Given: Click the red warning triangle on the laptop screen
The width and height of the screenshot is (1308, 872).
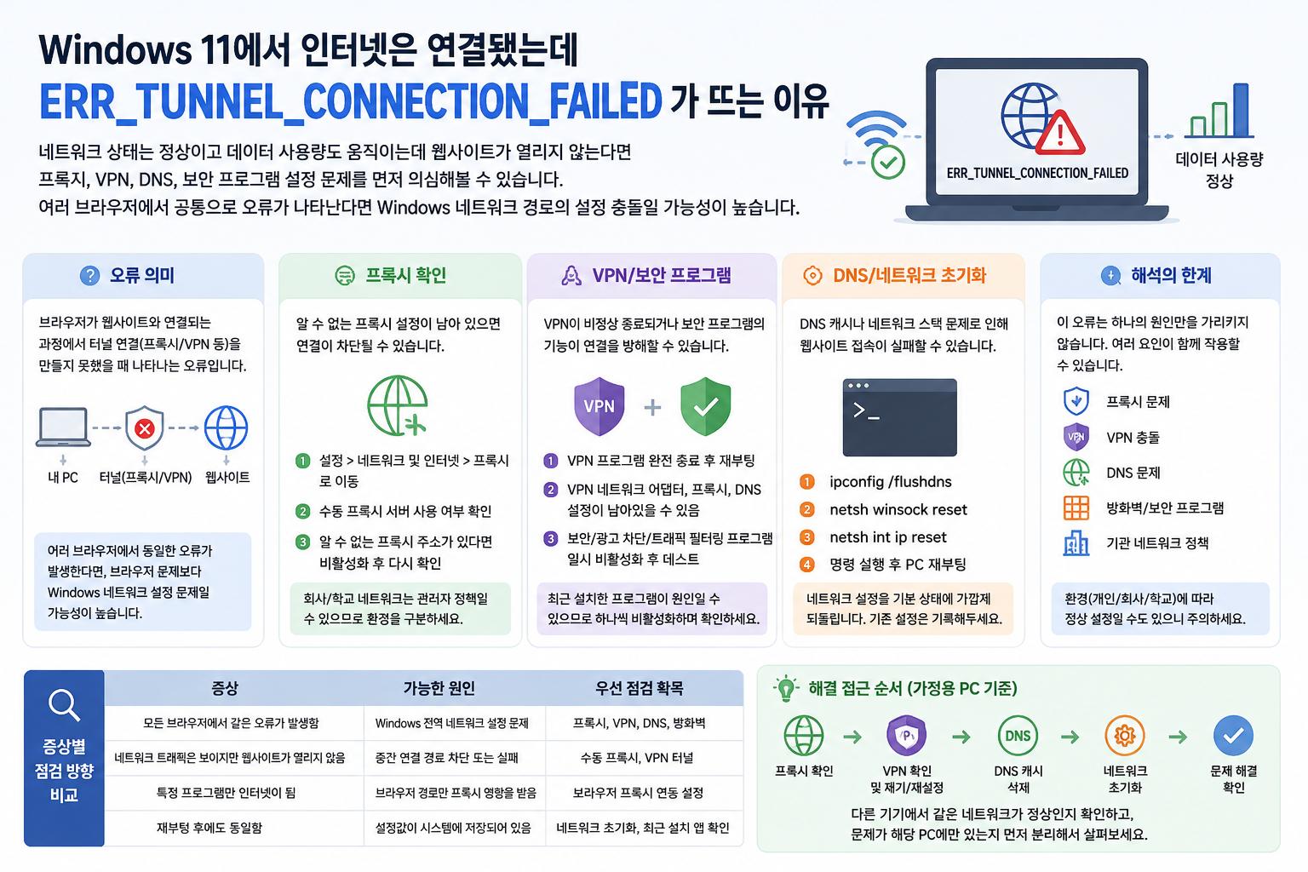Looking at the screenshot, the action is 1060,134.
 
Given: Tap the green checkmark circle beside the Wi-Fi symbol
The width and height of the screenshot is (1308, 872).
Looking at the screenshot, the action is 888,162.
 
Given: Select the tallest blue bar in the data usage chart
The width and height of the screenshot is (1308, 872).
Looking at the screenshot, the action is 1240,110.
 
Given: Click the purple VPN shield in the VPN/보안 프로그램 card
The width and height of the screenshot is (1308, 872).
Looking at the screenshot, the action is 599,406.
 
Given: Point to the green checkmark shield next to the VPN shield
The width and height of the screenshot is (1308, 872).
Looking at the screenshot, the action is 705,406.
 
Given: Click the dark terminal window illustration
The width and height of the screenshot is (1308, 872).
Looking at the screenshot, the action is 899,417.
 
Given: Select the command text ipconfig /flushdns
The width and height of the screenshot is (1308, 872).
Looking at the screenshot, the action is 891,482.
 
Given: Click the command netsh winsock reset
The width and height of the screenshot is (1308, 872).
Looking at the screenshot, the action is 898,510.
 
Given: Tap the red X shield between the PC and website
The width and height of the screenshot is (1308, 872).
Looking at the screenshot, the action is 144,428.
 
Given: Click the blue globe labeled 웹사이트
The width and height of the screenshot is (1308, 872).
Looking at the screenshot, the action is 226,428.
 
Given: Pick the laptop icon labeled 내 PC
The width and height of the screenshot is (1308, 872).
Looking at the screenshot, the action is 63,427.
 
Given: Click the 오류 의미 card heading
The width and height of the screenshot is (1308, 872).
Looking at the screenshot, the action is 142,275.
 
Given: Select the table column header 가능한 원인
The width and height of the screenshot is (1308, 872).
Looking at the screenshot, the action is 439,688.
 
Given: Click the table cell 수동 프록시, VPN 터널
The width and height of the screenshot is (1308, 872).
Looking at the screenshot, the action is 636,758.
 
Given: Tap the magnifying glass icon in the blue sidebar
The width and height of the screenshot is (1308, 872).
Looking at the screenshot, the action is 64,706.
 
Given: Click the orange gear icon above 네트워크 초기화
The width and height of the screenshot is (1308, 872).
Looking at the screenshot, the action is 1125,736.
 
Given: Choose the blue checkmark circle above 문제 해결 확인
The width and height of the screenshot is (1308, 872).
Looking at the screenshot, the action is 1233,736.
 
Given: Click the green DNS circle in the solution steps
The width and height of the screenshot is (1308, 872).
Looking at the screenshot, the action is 1018,736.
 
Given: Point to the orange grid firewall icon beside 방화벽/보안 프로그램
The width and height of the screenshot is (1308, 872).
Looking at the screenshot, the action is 1076,508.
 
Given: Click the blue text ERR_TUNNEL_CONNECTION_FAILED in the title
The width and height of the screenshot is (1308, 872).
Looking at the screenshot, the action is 350,102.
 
